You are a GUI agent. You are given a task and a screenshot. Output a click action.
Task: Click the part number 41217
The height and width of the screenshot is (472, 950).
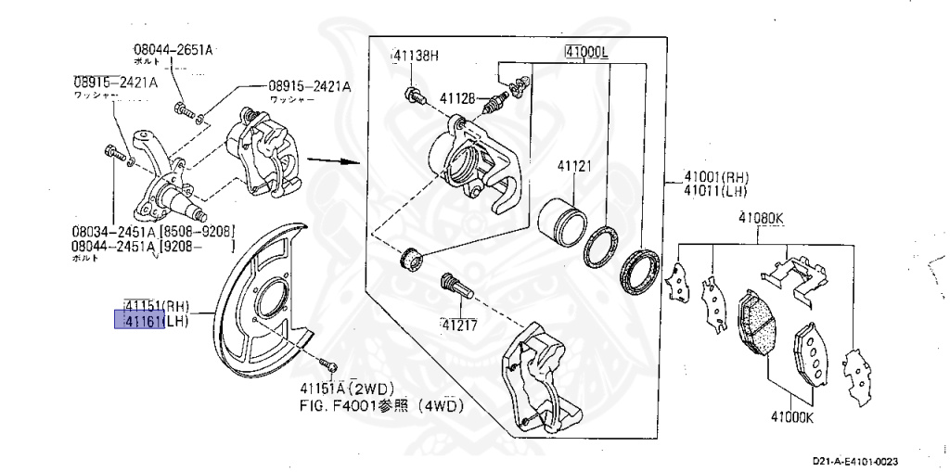pyautogui.click(x=460, y=325)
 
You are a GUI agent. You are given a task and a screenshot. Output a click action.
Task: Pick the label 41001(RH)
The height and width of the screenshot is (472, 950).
pyautogui.click(x=716, y=178)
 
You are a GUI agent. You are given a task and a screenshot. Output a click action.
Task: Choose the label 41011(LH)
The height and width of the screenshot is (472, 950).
pyautogui.click(x=716, y=191)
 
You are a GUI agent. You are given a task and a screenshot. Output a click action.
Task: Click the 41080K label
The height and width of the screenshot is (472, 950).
pyautogui.click(x=761, y=219)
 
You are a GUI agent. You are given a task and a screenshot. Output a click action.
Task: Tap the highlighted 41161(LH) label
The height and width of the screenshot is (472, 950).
pyautogui.click(x=151, y=321)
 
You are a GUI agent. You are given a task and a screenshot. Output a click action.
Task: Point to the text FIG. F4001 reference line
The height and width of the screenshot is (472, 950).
pyautogui.click(x=380, y=405)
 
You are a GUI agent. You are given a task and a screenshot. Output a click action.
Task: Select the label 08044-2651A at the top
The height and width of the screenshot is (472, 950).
pyautogui.click(x=173, y=47)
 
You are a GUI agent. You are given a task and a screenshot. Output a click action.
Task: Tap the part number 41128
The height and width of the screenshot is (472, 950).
pyautogui.click(x=457, y=98)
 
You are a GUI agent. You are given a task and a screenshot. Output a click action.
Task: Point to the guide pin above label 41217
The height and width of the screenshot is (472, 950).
pyautogui.click(x=456, y=285)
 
